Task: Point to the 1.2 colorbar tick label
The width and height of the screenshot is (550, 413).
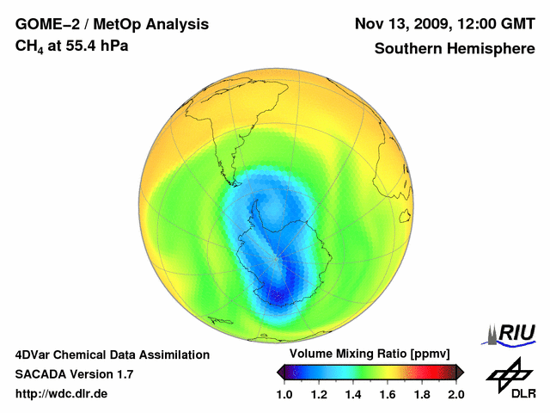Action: (319, 394)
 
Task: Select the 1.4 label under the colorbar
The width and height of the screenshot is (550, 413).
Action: (353, 394)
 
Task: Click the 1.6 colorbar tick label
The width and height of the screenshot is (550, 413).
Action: (388, 394)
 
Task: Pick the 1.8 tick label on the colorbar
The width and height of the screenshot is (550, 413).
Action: (422, 394)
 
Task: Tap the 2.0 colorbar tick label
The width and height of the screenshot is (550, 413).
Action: (455, 394)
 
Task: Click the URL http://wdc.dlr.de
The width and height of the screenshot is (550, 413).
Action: (62, 394)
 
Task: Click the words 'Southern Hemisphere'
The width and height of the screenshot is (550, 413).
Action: (454, 49)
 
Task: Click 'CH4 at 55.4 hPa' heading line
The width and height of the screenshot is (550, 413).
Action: (72, 46)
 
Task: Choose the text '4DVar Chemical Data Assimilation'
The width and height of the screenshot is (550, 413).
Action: (113, 354)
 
